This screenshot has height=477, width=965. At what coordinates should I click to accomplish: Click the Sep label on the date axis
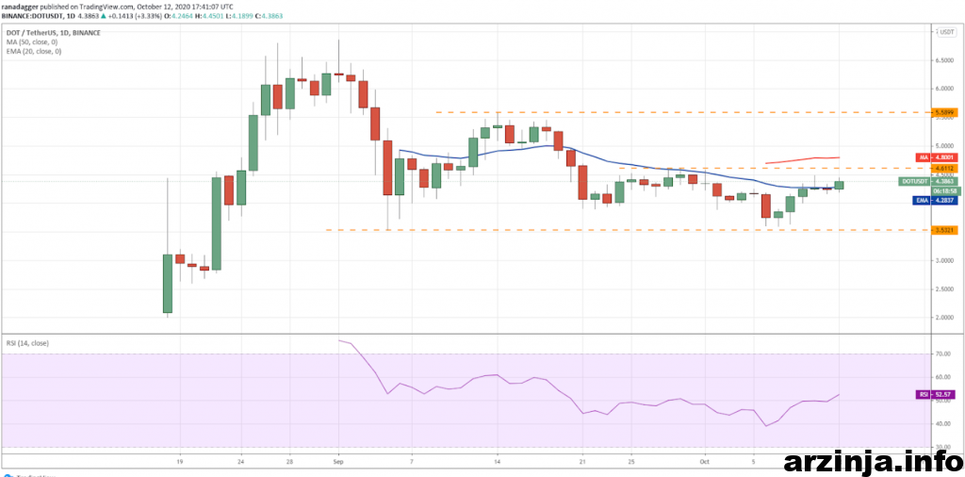click(x=338, y=462)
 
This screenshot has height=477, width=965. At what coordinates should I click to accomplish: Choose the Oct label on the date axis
click(x=704, y=462)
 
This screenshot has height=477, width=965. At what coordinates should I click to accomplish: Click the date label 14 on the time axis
click(x=497, y=462)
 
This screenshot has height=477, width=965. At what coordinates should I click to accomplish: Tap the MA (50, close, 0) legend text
click(x=33, y=42)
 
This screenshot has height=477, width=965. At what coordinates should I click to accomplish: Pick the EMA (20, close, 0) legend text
click(x=34, y=51)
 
